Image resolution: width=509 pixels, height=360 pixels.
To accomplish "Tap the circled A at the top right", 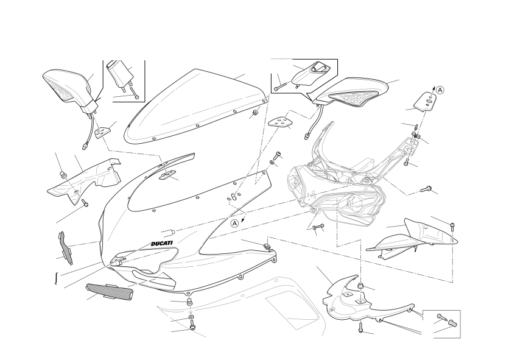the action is coord(440,90).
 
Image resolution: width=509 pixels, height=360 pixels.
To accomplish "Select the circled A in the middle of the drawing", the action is coord(235,223).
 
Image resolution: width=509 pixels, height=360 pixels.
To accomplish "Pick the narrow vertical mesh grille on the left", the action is coord(66,247).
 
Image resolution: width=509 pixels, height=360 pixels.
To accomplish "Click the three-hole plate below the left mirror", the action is coord(103,132).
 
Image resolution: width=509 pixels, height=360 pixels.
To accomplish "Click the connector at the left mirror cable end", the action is coord(85,146).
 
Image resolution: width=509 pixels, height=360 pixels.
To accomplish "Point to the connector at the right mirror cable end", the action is coord(307,136).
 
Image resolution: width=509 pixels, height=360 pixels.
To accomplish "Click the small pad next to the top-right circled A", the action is coord(426,101).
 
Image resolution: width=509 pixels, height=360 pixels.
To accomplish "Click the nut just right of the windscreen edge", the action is coord(255,113).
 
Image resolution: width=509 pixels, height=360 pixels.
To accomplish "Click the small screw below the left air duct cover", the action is coord(85,203).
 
